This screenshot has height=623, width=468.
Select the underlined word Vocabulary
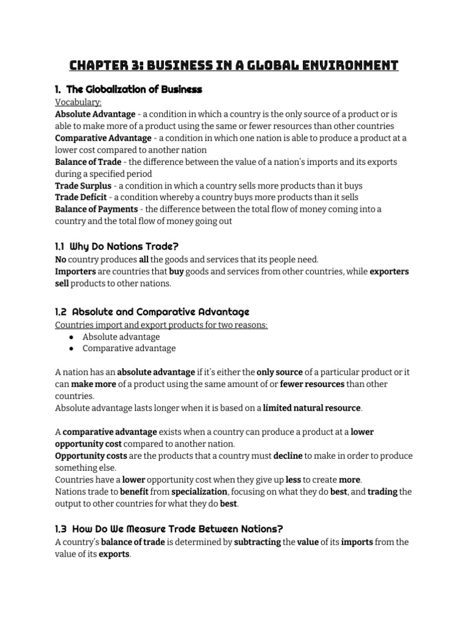coord(79,102)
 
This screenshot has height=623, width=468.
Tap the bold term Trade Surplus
coord(83,186)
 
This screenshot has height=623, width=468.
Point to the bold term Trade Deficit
coord(81,197)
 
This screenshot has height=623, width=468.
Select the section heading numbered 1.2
coord(152,312)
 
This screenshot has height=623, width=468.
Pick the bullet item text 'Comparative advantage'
coord(129,349)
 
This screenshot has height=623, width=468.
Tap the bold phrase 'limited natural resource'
coord(311,408)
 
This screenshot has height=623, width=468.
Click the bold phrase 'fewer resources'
coord(312,385)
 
